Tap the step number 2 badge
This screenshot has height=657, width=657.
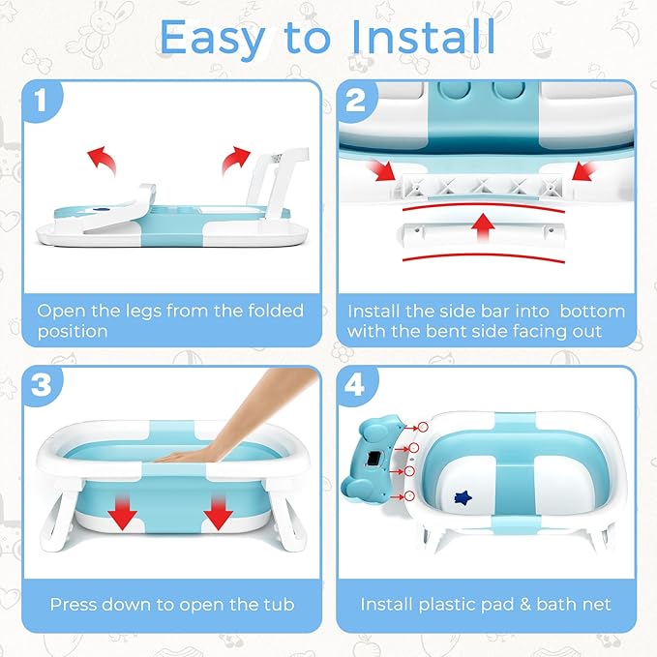[x=355, y=99]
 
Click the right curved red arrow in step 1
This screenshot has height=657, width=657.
[x=232, y=161]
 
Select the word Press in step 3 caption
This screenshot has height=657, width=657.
[x=75, y=605]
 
